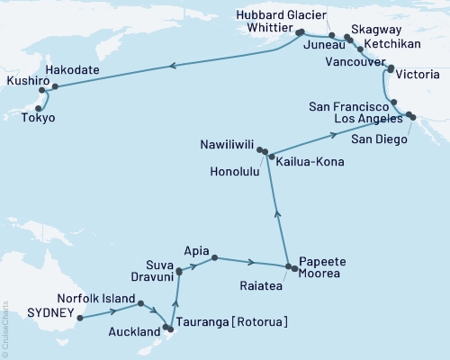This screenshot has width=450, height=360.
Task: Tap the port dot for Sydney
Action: coord(81,317)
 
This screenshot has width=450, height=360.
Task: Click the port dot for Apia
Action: coord(214,259)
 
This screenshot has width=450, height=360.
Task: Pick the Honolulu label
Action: coord(229,172)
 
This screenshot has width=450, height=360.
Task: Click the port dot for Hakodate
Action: coord(55,87)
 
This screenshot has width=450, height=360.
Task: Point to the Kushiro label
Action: coord(22,81)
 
